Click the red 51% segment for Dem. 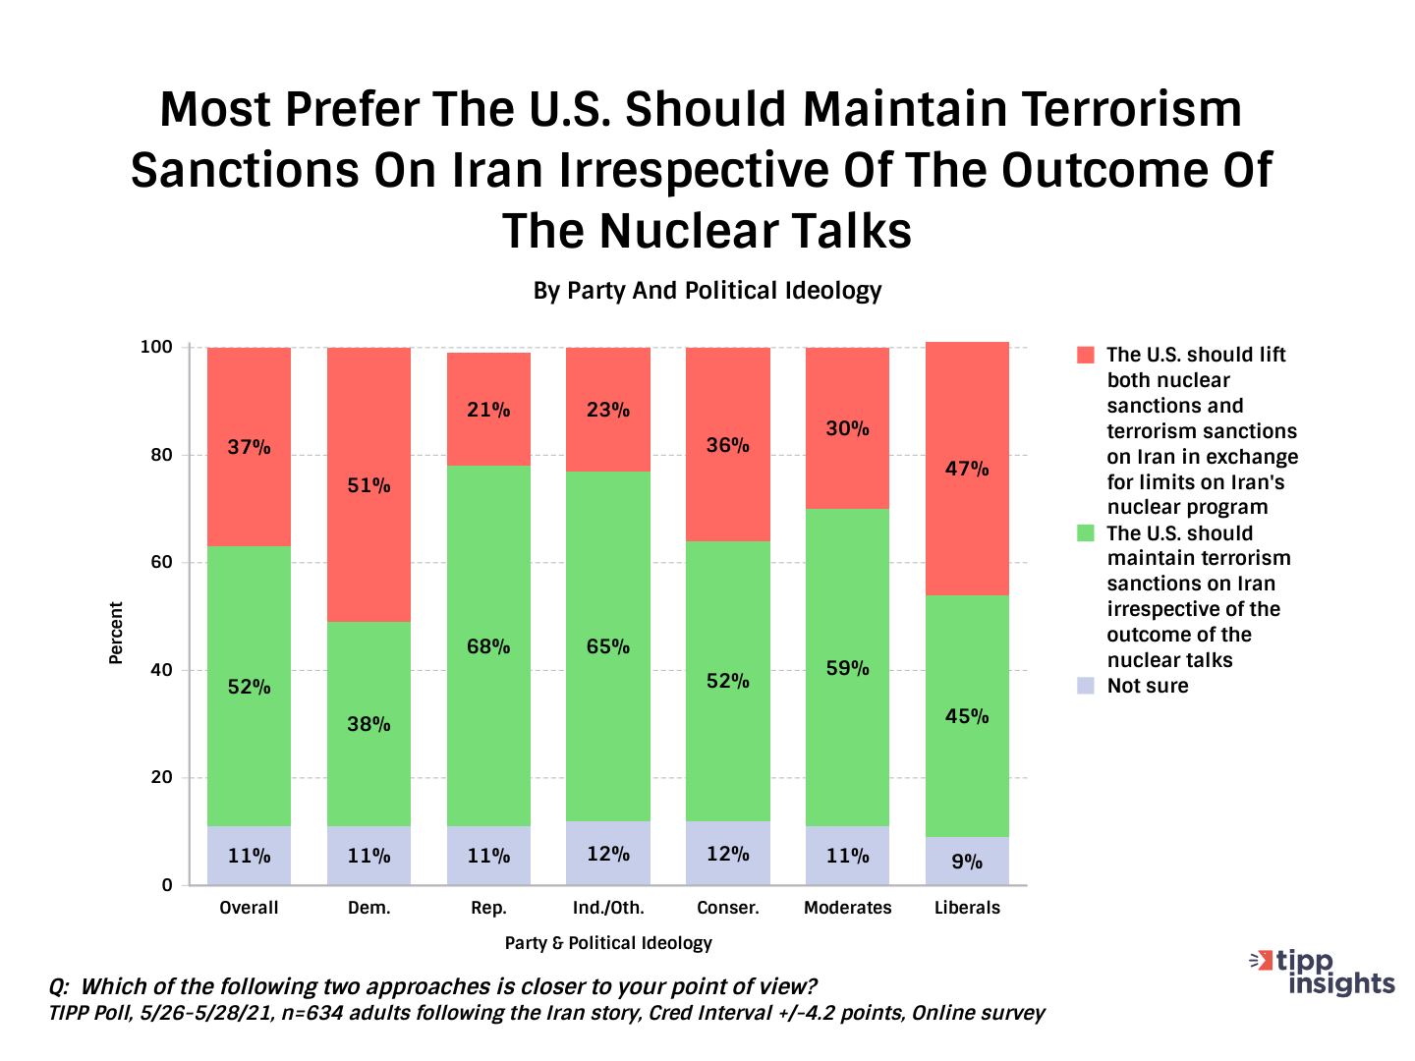coord(368,485)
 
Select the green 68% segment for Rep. coord(488,645)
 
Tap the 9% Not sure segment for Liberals coord(967,861)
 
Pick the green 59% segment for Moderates coord(847,667)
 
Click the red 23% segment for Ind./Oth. coord(608,410)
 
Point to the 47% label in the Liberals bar coord(967,469)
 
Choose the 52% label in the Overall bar coord(249,687)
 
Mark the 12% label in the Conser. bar coord(728,854)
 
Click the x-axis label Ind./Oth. coord(608,908)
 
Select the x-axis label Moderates coord(847,908)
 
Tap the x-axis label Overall coord(249,908)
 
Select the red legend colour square coord(1086,355)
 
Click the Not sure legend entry coord(1147,686)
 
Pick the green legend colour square coord(1086,533)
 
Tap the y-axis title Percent coord(116,634)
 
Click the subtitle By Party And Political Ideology coord(707,291)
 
